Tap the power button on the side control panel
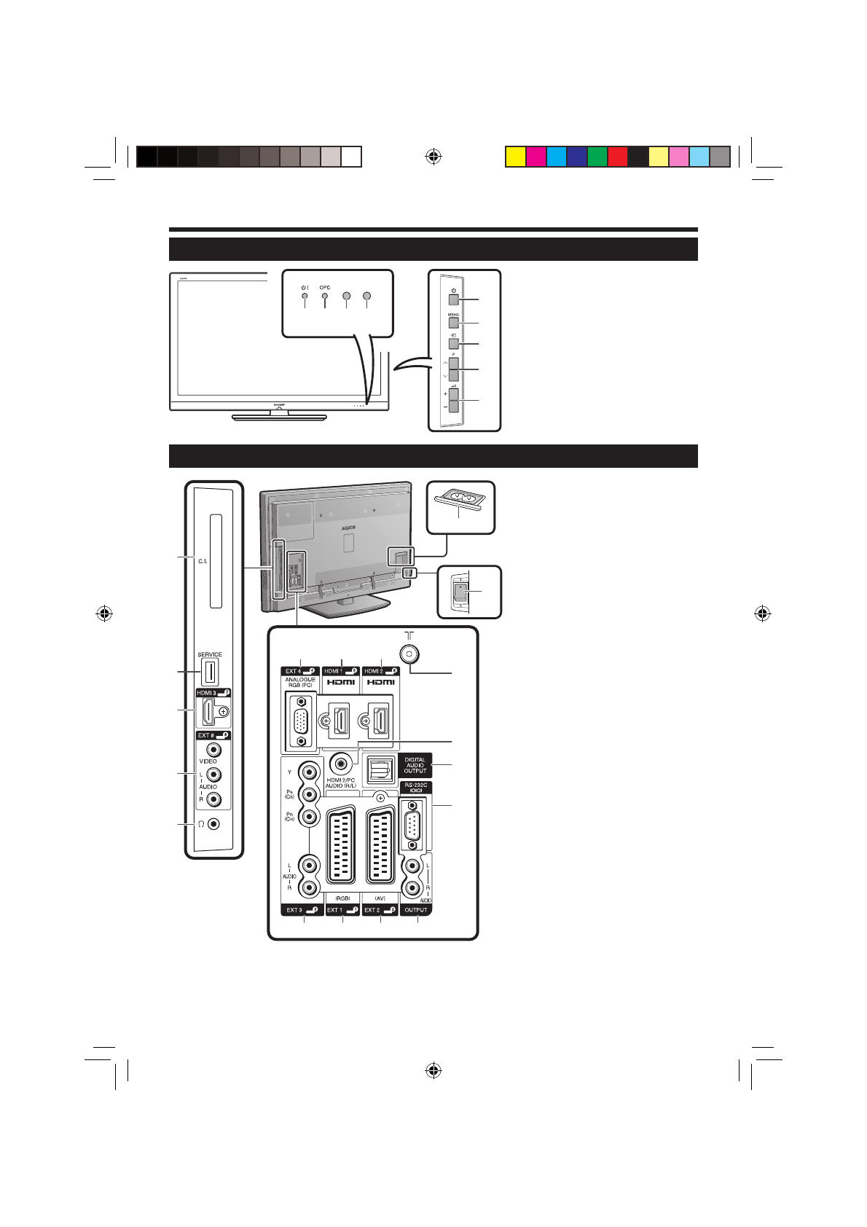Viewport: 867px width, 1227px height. pos(453,299)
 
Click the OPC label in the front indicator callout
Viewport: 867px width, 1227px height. pos(325,288)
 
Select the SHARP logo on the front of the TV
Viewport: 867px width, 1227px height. pos(278,403)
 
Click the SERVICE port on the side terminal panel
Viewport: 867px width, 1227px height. pos(210,671)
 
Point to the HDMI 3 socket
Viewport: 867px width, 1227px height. pos(210,711)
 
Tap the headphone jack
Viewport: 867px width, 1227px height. pos(213,823)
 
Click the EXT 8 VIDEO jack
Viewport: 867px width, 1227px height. pos(213,749)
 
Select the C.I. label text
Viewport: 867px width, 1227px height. pos(203,561)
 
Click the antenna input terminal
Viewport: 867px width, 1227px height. pos(409,654)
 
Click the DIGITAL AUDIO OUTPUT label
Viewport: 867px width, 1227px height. pos(415,765)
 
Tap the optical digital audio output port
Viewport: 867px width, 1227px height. pos(379,769)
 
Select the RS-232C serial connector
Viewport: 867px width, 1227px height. pos(413,825)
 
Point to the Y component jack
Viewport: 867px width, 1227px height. pos(311,772)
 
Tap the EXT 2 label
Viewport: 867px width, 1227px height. pos(380,910)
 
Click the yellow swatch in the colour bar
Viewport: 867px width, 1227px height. pos(516,157)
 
